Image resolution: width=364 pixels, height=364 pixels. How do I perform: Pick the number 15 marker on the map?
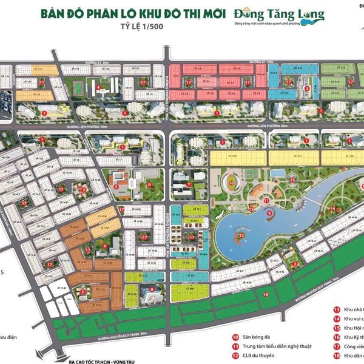pos(292,180)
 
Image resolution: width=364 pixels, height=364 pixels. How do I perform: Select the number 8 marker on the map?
pos(152,290)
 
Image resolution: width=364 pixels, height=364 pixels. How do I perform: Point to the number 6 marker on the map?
pos(150,184)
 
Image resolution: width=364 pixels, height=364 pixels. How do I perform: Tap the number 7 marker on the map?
pos(189,184)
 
